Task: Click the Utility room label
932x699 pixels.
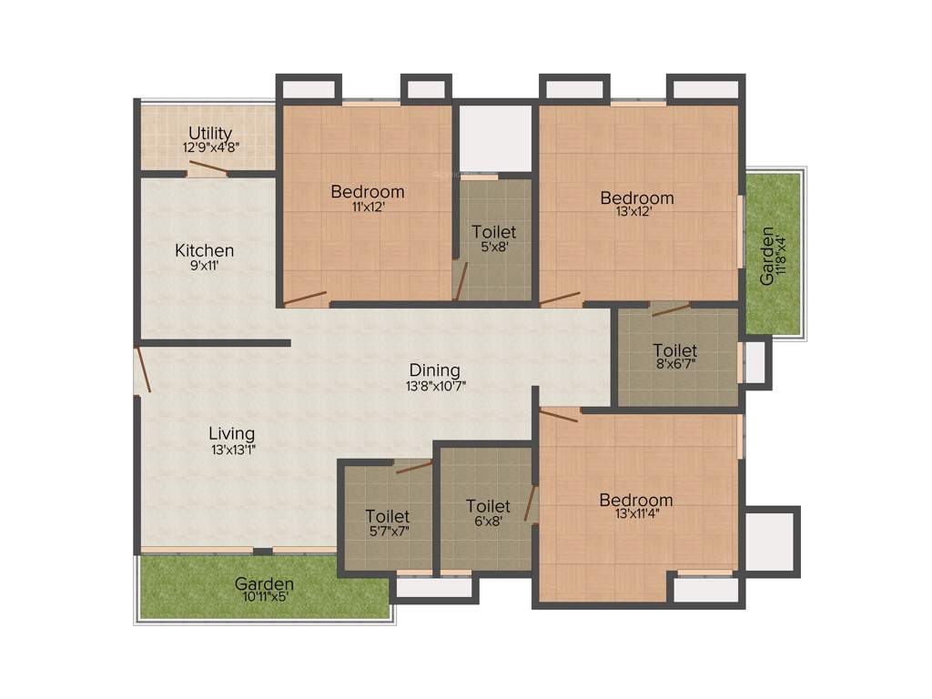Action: (x=210, y=134)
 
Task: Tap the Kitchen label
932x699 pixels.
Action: (x=205, y=250)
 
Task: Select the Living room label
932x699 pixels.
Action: (x=232, y=433)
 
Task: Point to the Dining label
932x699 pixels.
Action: (x=434, y=370)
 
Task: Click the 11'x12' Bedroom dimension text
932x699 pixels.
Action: (x=368, y=207)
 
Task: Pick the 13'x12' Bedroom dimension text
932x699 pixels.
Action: (x=637, y=212)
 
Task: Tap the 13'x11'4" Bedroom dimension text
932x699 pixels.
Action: (x=636, y=514)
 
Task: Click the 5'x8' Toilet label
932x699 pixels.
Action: (x=494, y=233)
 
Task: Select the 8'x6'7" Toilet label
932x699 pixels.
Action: (x=675, y=350)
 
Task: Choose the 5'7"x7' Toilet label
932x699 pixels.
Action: (x=388, y=517)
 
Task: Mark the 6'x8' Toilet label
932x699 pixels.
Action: (x=488, y=506)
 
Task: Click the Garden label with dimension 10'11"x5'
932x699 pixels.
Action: (x=264, y=583)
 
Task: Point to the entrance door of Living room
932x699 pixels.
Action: (x=143, y=369)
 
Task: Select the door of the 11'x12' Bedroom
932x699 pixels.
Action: (x=305, y=298)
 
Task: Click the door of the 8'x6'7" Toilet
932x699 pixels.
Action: (x=671, y=309)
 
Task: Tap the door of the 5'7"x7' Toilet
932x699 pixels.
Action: (x=413, y=467)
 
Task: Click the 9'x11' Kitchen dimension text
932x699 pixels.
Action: (x=205, y=268)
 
